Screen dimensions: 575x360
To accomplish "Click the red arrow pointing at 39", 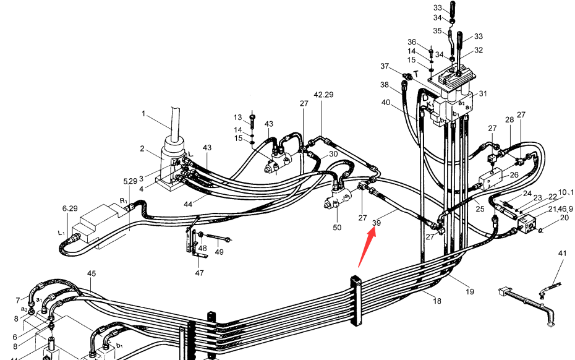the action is pos(367,247).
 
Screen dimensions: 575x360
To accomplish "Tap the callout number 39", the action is pos(377,223).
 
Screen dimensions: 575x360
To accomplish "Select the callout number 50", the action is pos(337,228).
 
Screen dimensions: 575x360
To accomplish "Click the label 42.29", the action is pos(323,95).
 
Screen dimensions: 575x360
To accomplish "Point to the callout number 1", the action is pos(143,114).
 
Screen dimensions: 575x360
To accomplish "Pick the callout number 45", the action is pos(92,273).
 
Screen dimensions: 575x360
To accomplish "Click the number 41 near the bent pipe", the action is pos(562,253).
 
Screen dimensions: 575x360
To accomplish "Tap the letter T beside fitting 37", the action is pos(416,75).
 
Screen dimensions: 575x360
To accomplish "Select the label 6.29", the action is pos(70,208).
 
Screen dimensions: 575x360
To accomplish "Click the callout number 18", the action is pos(437,301).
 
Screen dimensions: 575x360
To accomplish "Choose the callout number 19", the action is pos(470,292).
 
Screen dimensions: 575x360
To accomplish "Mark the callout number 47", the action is pos(199,273).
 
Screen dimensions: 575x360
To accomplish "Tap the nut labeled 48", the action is pos(200,234).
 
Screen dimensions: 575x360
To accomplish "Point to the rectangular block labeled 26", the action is pos(491,179).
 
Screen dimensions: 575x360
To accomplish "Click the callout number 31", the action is pos(483,93).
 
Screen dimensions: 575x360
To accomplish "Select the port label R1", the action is pos(123,201).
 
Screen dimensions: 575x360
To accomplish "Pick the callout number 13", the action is pos(237,118).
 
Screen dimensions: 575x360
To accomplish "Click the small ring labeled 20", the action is pos(540,230).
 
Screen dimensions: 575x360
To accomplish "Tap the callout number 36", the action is pos(412,42).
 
